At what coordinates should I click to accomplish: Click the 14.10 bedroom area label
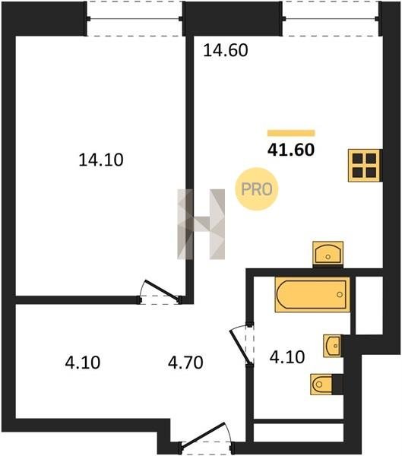pyautogui.click(x=101, y=160)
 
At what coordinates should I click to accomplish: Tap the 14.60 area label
pyautogui.click(x=226, y=50)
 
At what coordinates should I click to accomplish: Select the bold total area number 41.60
pyautogui.click(x=291, y=150)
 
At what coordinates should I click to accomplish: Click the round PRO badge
pyautogui.click(x=257, y=189)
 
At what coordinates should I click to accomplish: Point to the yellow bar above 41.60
pyautogui.click(x=291, y=133)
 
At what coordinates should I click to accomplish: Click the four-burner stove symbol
pyautogui.click(x=365, y=166)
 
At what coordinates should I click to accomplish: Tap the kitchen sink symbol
pyautogui.click(x=328, y=253)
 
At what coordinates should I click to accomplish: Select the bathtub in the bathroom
pyautogui.click(x=312, y=294)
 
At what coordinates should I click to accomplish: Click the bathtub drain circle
pyautogui.click(x=340, y=295)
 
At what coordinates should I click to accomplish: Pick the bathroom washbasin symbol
pyautogui.click(x=332, y=346)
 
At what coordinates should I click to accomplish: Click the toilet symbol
pyautogui.click(x=321, y=385)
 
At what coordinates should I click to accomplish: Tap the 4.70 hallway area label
pyautogui.click(x=185, y=363)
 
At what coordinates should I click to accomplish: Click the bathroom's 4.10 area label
pyautogui.click(x=287, y=357)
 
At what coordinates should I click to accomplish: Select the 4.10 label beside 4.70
pyautogui.click(x=83, y=363)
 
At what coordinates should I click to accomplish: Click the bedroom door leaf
pyautogui.click(x=162, y=290)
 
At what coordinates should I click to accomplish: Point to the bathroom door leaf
pyautogui.click(x=240, y=347)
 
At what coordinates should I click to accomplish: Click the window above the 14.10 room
pyautogui.click(x=135, y=19)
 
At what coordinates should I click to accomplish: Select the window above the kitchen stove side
pyautogui.click(x=331, y=19)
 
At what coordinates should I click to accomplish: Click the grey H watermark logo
pyautogui.click(x=201, y=224)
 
